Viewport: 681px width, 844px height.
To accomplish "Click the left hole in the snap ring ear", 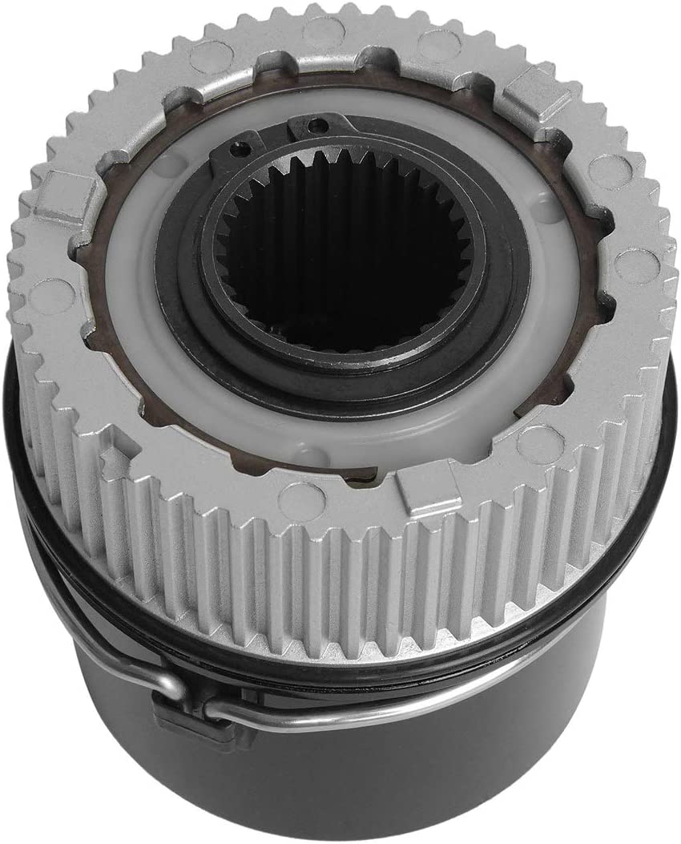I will pos(238,148).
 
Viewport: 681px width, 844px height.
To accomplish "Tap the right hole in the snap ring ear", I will pos(319,126).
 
